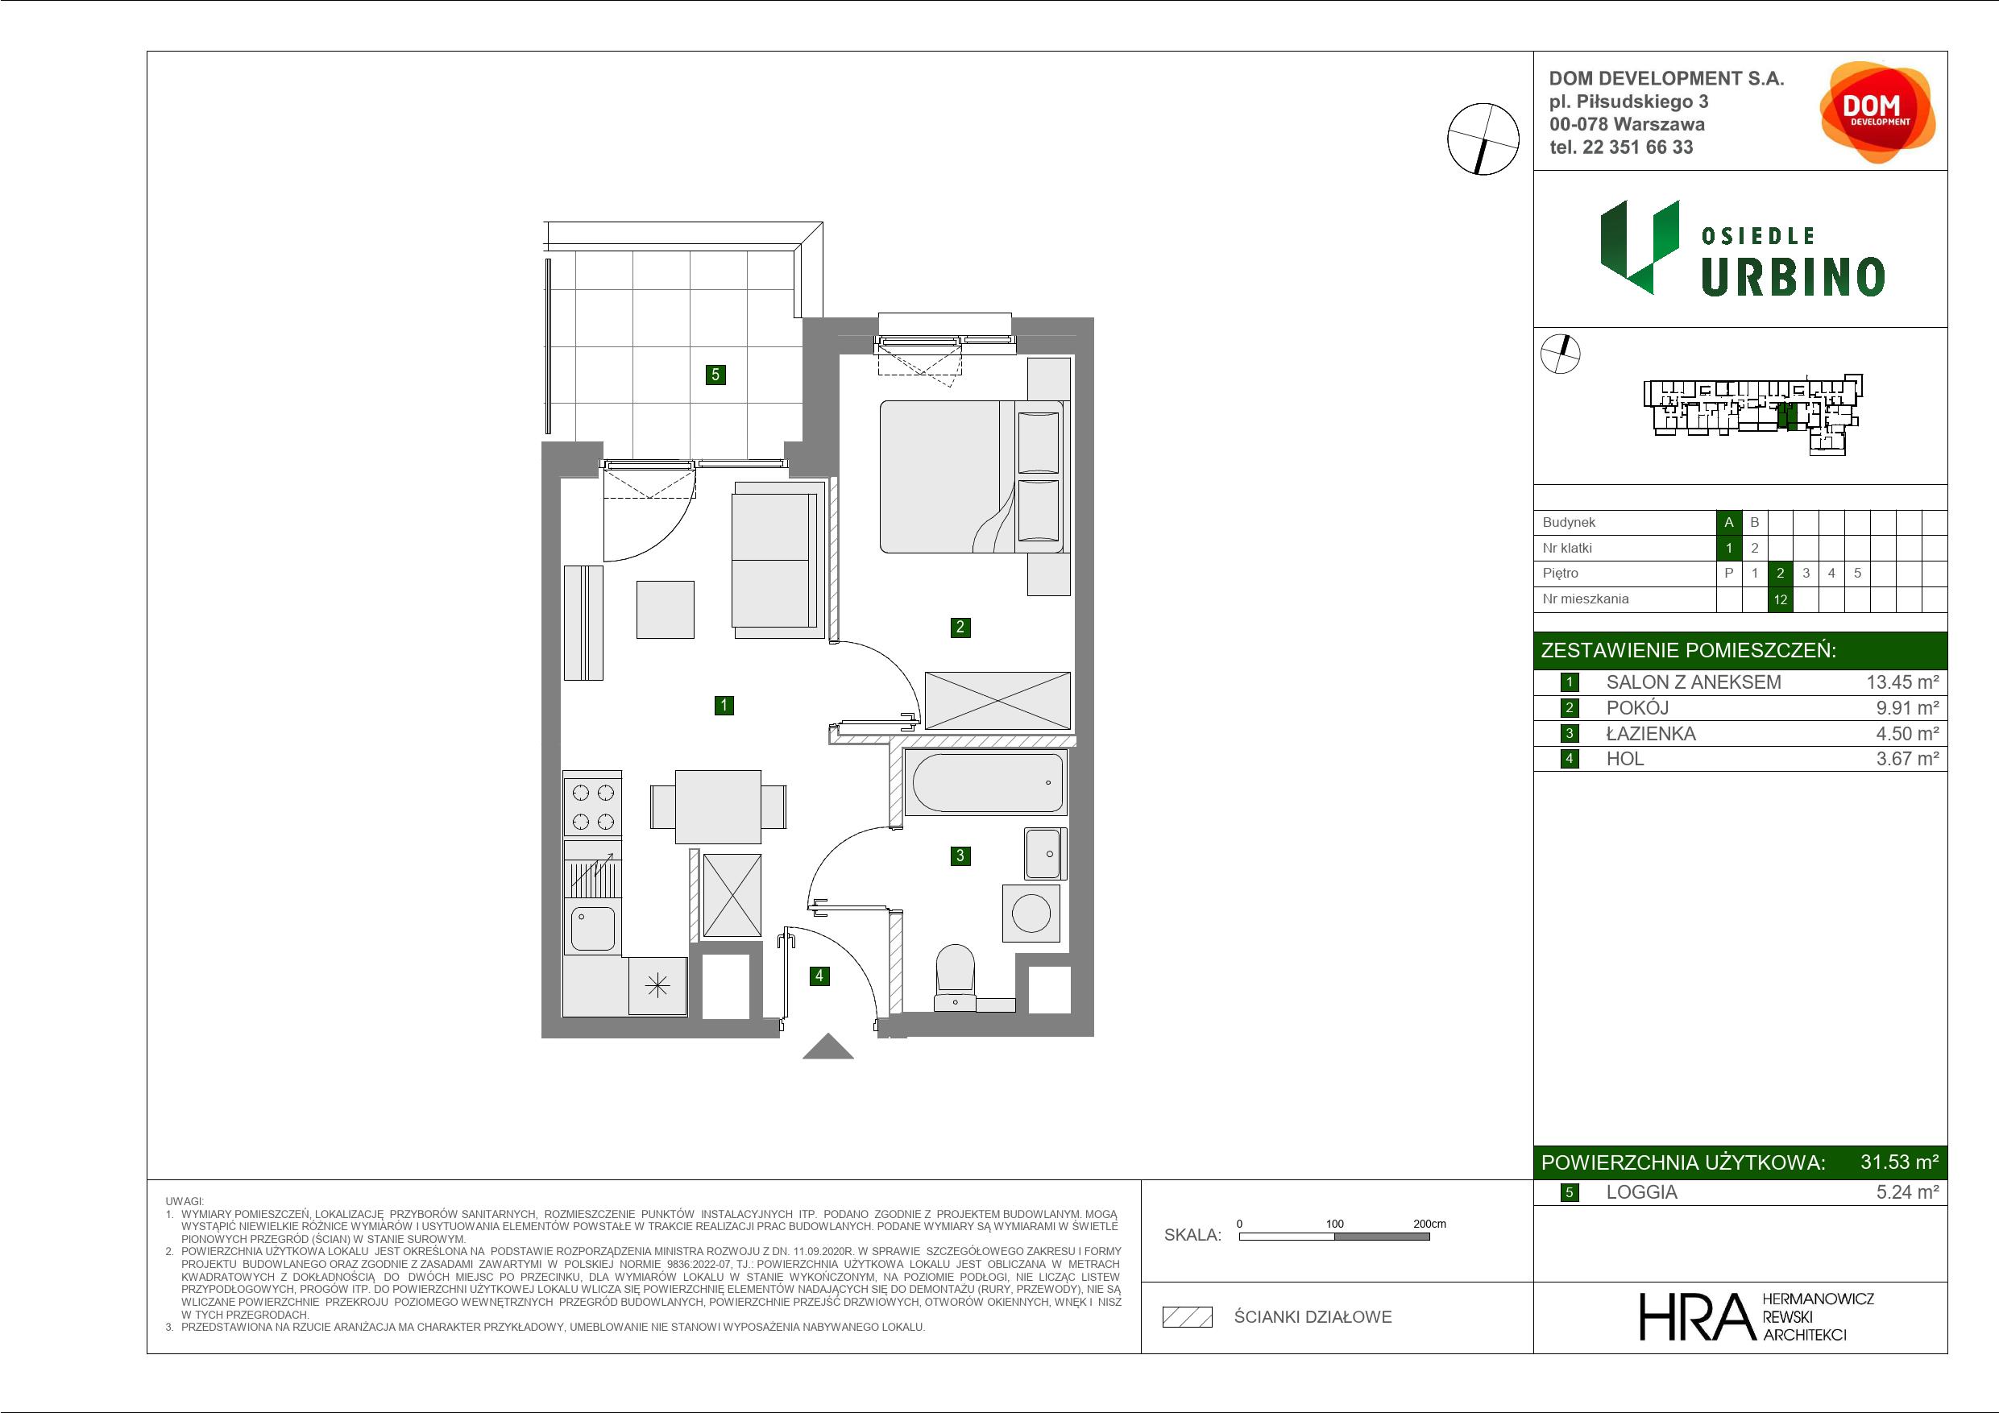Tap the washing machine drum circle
(1031, 914)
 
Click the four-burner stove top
(592, 806)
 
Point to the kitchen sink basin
(593, 929)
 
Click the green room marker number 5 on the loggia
(715, 375)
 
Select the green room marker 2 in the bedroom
(960, 627)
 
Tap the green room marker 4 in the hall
(819, 976)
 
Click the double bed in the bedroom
(973, 476)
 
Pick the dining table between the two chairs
(718, 806)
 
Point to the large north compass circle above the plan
(1483, 139)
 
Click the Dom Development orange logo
(1877, 111)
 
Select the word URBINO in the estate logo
(1793, 277)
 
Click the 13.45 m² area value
(1902, 682)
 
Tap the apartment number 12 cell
(1781, 599)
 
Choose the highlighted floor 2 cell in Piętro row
(1781, 573)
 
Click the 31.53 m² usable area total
(1899, 1162)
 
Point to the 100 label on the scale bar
(1335, 1223)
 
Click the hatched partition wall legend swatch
(1188, 1317)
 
